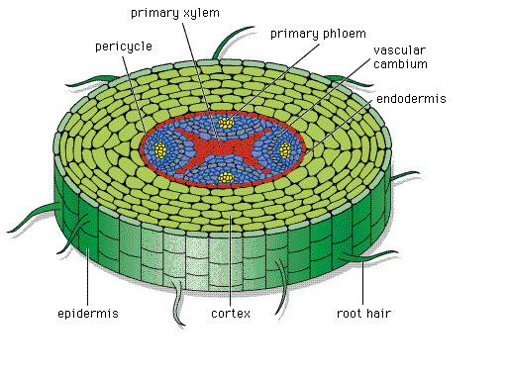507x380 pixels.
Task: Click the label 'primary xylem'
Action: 175,13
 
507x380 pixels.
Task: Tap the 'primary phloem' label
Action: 318,34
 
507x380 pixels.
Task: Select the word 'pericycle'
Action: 124,47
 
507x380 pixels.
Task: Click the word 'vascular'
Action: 400,50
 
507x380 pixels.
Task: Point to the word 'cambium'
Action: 400,64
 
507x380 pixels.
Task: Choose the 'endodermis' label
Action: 411,99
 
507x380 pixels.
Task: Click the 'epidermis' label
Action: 88,314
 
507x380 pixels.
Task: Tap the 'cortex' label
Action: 231,314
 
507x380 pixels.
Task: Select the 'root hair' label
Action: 363,314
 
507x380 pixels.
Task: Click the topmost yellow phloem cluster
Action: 226,123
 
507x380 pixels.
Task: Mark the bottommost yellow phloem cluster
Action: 226,178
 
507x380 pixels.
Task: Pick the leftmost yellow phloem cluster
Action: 160,150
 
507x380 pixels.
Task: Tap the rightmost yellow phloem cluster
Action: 285,150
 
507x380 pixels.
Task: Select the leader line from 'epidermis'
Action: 87,277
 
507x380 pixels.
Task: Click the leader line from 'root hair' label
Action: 362,282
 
